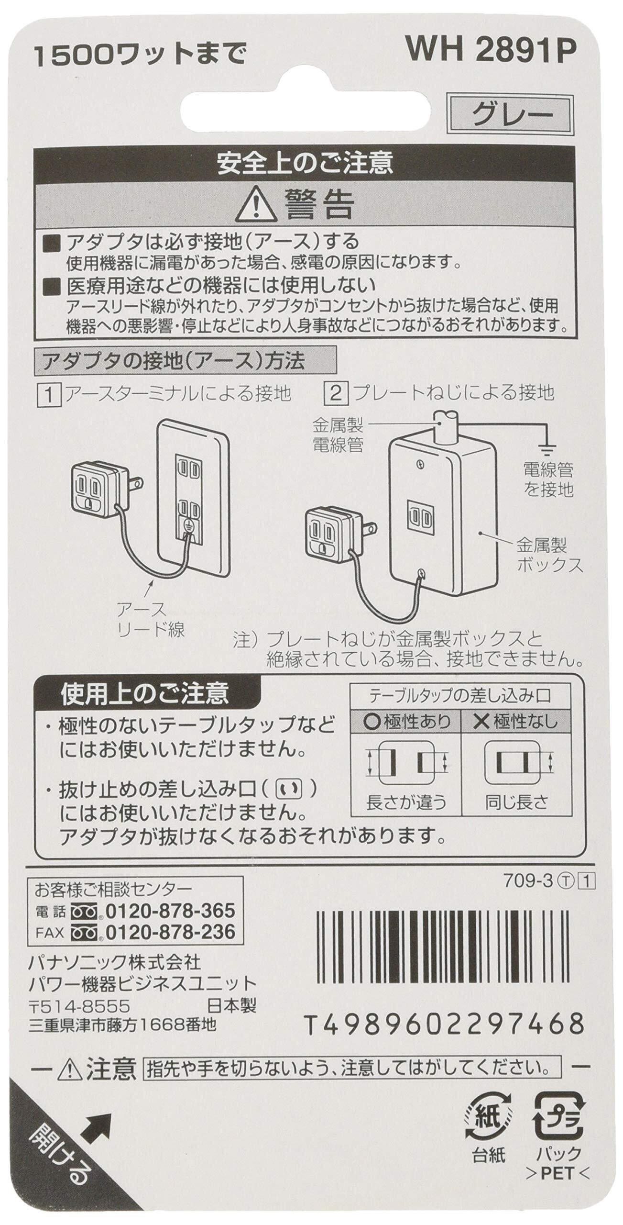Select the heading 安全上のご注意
[x=305, y=164]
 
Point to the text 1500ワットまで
[x=139, y=56]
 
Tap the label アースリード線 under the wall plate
[x=150, y=620]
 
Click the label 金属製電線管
[x=338, y=434]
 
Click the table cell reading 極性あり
[x=406, y=721]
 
